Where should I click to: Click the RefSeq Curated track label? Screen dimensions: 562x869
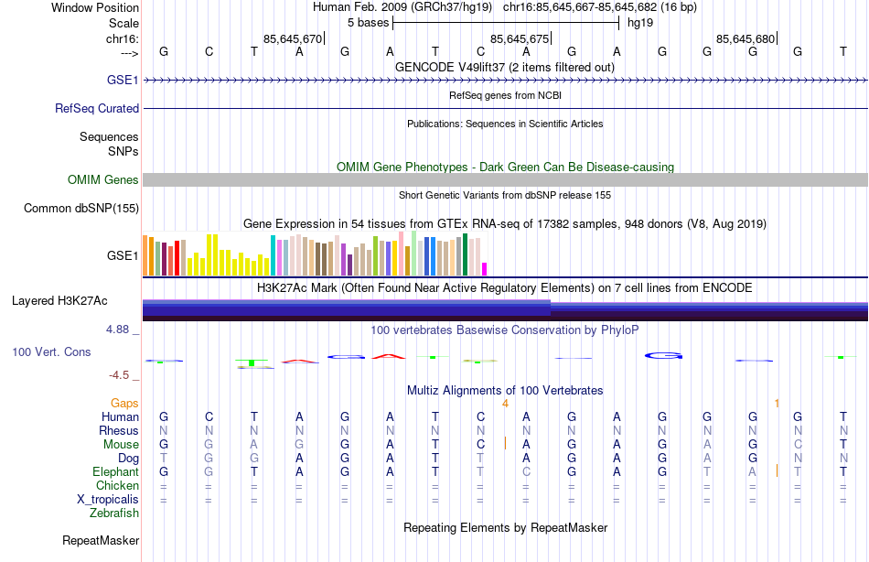click(97, 108)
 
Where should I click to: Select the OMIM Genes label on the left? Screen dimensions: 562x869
click(103, 180)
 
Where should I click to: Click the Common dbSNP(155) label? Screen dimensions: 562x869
click(81, 209)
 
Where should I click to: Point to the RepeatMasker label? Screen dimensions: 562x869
click(100, 541)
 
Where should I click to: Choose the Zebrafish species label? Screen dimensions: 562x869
click(114, 513)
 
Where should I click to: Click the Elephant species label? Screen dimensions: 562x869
click(115, 472)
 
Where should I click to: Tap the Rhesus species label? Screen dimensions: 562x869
click(119, 431)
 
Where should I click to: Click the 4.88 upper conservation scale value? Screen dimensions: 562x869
click(123, 330)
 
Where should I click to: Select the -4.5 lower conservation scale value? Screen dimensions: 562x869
click(123, 374)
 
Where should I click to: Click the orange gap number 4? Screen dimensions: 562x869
click(505, 403)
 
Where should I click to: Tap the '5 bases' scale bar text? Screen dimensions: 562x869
click(368, 22)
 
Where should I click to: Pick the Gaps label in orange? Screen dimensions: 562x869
click(124, 403)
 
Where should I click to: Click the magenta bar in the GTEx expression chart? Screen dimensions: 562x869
click(485, 268)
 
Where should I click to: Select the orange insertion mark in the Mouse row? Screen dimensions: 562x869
click(505, 444)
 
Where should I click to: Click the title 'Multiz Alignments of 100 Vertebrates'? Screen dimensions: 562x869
click(505, 390)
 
